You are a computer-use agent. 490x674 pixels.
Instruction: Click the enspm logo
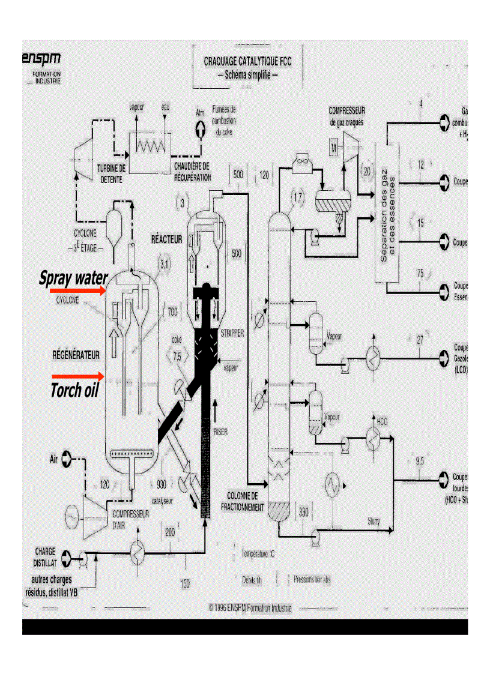(42, 59)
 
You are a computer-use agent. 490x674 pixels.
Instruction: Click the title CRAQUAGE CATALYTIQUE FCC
(247, 61)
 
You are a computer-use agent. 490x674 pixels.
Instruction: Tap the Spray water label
(74, 278)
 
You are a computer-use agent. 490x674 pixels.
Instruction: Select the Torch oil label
(74, 391)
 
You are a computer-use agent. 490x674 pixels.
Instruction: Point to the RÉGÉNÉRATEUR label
(75, 355)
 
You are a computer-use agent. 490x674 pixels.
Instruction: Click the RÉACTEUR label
(166, 239)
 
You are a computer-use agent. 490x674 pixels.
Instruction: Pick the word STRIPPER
(232, 333)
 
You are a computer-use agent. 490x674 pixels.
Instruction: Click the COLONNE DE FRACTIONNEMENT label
(242, 502)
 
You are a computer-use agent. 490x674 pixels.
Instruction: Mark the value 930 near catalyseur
(161, 485)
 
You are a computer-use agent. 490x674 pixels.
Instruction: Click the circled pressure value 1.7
(298, 197)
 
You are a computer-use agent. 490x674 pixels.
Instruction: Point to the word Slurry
(374, 522)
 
